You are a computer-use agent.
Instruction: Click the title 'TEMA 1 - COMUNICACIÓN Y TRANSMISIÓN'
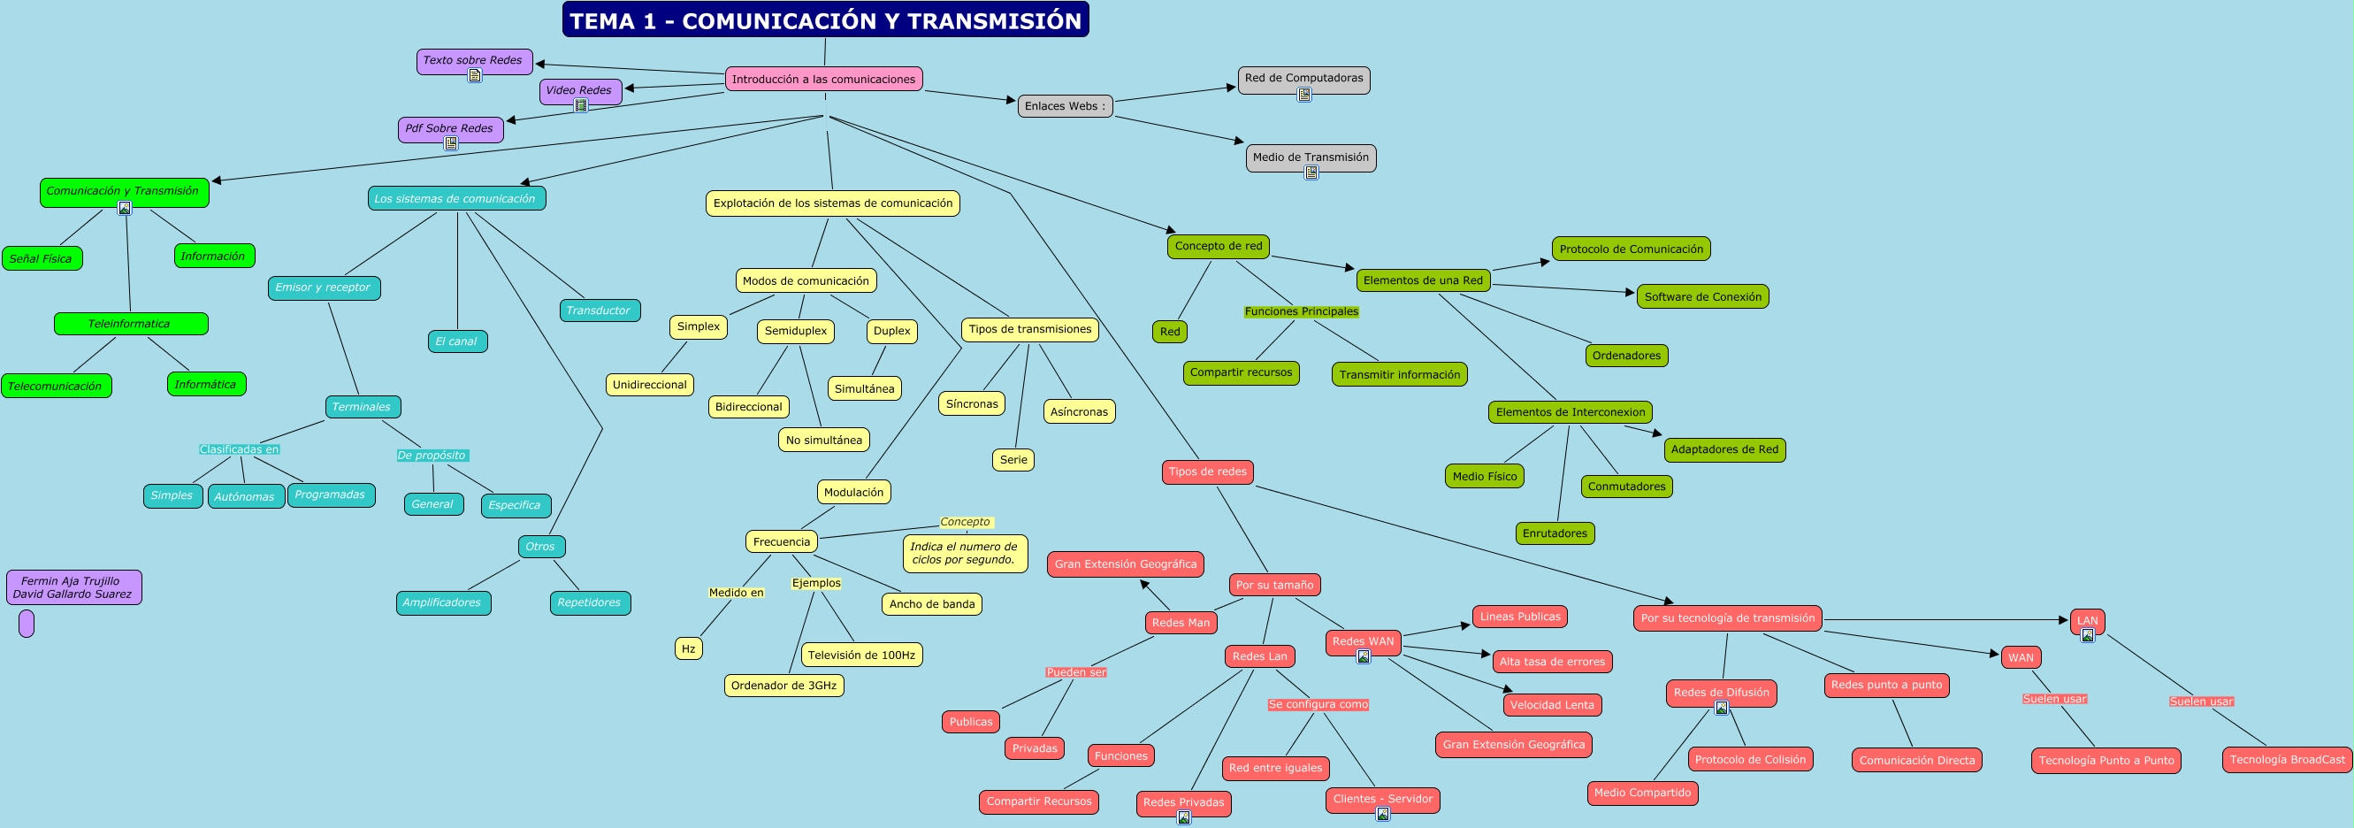click(825, 20)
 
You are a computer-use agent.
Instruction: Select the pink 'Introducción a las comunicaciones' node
click(823, 80)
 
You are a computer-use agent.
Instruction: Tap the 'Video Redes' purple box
click(579, 90)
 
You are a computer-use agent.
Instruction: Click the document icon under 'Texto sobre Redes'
click(475, 76)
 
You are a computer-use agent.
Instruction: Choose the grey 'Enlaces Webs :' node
click(1065, 106)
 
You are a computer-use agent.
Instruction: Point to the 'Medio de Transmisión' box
click(1311, 157)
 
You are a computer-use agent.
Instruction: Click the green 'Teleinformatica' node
click(130, 324)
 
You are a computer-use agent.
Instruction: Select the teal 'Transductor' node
click(599, 310)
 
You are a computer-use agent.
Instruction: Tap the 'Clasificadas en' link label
click(240, 449)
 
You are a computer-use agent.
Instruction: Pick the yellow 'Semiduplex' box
click(795, 331)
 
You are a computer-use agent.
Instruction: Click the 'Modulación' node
click(853, 493)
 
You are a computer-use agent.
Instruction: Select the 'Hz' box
click(688, 649)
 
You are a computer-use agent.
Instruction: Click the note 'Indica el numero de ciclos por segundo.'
click(964, 553)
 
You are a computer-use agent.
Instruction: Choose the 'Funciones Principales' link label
click(1302, 311)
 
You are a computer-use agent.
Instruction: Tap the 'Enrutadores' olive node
click(1555, 533)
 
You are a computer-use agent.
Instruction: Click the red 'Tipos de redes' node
click(1207, 471)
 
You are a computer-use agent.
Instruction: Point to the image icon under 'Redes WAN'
click(1364, 656)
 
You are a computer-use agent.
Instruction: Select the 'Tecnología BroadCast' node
click(2287, 760)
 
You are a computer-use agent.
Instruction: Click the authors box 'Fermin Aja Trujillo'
click(73, 586)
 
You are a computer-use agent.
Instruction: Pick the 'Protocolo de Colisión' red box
click(1750, 760)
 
